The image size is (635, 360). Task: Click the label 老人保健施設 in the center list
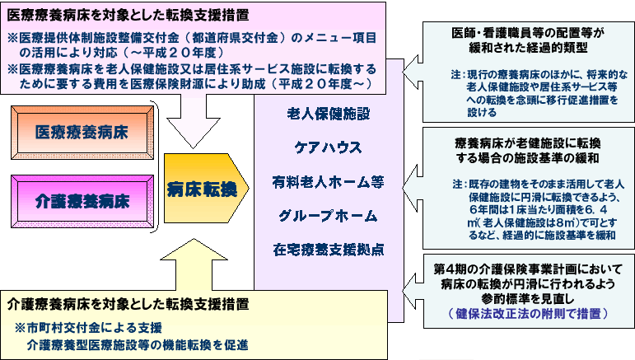pos(329,113)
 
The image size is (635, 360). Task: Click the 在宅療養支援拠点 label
pos(328,249)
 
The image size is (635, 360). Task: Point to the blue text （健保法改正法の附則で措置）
pos(524,314)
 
